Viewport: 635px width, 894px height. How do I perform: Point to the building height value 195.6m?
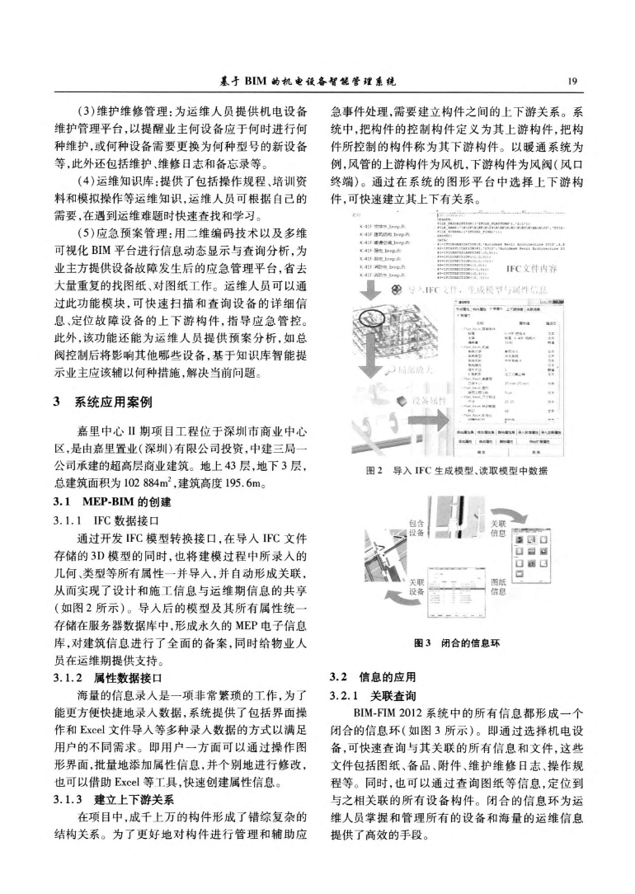[245, 482]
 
